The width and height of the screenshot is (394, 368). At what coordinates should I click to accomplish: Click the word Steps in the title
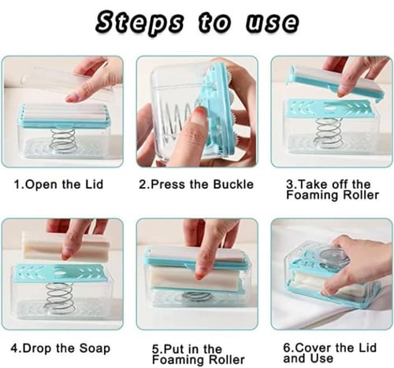[x=139, y=23]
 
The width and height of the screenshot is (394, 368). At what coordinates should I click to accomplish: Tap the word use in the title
[x=272, y=22]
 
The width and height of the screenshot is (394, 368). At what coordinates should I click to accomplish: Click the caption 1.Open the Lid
[x=58, y=184]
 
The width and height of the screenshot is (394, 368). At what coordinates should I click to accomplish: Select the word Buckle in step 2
[x=233, y=184]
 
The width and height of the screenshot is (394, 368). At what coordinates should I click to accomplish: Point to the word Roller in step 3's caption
[x=361, y=195]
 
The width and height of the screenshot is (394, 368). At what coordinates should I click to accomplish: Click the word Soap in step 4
[x=95, y=349]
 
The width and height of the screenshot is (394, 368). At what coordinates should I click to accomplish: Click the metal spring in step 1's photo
[x=64, y=141]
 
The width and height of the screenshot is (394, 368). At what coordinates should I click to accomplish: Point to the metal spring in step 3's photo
[x=329, y=132]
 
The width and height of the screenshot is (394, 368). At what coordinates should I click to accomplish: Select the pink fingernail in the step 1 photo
[x=72, y=98]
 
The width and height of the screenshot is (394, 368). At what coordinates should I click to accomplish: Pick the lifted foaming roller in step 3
[x=336, y=83]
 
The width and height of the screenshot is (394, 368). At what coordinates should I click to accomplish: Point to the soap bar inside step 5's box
[x=195, y=278]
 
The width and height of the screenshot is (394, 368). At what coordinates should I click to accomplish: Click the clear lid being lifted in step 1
[x=69, y=79]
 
